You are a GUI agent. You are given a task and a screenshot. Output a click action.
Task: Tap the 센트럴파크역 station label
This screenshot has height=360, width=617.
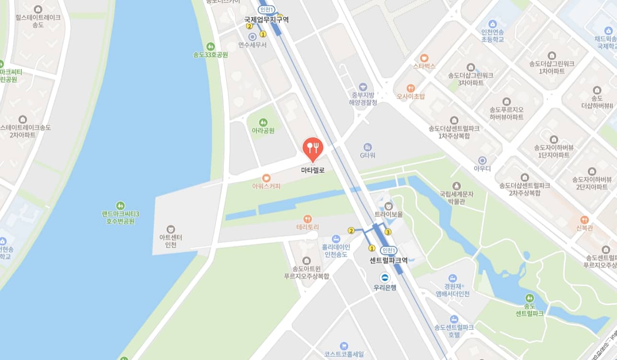click(388, 260)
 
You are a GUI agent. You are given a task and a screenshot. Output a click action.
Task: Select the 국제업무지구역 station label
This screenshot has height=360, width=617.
click(266, 20)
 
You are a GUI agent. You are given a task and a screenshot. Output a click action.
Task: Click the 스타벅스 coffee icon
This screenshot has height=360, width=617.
click(424, 57)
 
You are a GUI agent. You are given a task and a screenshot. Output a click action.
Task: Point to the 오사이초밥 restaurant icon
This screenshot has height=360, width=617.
click(411, 88)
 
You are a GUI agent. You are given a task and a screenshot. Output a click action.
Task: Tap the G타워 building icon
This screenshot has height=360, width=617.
click(367, 147)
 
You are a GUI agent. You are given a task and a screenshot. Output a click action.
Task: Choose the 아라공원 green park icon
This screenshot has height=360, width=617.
click(263, 122)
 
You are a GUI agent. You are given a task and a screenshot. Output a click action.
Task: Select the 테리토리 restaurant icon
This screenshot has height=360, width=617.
click(308, 218)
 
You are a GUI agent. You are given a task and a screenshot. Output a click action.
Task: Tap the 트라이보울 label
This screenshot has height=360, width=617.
click(388, 214)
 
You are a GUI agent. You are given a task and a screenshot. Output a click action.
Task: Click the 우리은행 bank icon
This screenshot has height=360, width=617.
click(385, 278)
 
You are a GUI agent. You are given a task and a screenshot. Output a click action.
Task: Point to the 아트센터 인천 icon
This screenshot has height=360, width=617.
click(171, 229)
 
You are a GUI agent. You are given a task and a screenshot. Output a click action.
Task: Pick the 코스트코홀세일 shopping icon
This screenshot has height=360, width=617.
click(343, 346)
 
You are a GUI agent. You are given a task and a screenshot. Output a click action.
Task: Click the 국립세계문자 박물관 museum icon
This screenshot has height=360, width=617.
click(456, 185)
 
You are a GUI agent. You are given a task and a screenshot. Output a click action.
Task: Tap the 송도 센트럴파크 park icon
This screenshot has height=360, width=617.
click(529, 297)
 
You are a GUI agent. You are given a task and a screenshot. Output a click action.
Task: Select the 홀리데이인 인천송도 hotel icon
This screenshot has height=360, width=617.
click(336, 238)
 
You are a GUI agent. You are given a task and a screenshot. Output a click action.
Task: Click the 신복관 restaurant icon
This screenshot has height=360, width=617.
click(584, 220)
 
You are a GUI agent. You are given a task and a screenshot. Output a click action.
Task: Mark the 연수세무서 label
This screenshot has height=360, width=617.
click(252, 45)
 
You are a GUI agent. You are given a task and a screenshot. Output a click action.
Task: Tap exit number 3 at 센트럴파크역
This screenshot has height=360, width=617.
click(388, 232)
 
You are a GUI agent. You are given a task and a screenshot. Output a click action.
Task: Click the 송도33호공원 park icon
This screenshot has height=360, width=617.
click(210, 46)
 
